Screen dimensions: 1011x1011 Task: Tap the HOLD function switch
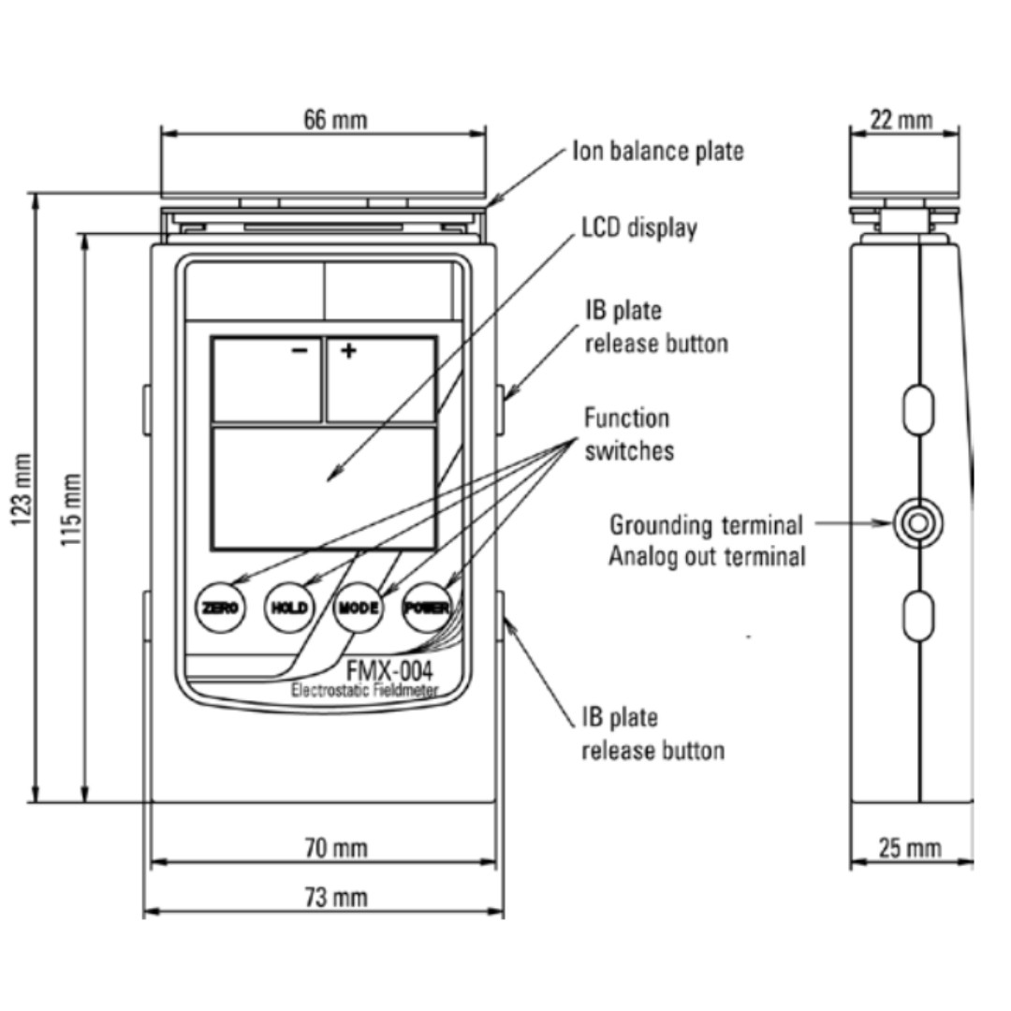(x=288, y=608)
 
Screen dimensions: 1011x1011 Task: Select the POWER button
(x=427, y=608)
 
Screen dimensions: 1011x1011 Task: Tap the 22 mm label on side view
(x=901, y=120)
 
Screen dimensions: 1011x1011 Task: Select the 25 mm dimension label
(x=909, y=848)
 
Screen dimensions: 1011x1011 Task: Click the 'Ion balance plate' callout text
(x=658, y=152)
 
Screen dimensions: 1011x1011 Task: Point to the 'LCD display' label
(x=639, y=227)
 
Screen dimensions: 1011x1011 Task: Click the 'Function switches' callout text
(x=628, y=433)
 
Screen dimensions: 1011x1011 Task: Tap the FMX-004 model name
(x=389, y=671)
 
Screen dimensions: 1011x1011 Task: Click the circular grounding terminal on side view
(x=917, y=522)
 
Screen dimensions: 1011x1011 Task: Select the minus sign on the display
(x=299, y=351)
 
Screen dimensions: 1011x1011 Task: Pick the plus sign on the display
(x=348, y=351)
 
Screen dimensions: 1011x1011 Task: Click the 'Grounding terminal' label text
(x=706, y=524)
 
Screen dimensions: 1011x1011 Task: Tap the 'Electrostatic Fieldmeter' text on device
(x=365, y=692)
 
